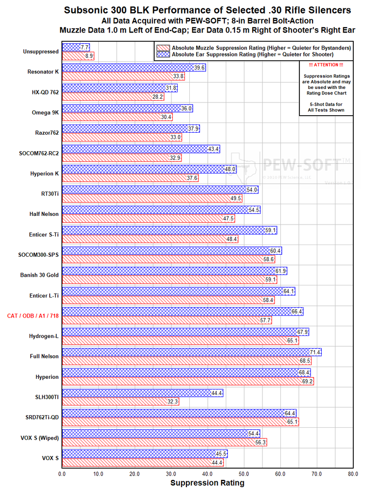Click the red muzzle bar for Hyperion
click(185, 381)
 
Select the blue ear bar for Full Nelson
click(190, 352)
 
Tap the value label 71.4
click(315, 352)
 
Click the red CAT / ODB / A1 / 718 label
click(33, 316)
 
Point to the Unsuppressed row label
click(41, 52)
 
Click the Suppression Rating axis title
click(207, 483)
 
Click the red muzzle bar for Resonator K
click(122, 76)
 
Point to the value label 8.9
click(89, 56)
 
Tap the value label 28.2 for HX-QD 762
click(158, 97)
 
